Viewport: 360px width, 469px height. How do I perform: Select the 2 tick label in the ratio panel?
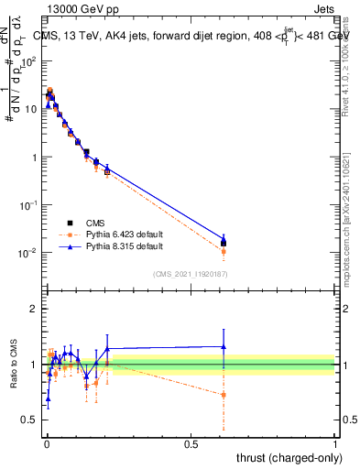pos(34,309)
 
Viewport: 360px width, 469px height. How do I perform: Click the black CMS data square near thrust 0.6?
pos(224,243)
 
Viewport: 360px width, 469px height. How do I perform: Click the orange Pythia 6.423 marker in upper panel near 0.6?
pos(224,251)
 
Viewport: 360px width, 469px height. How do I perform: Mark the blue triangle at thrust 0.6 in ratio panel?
pos(224,346)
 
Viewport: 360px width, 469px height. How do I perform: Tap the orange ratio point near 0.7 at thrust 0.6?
pos(224,395)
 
